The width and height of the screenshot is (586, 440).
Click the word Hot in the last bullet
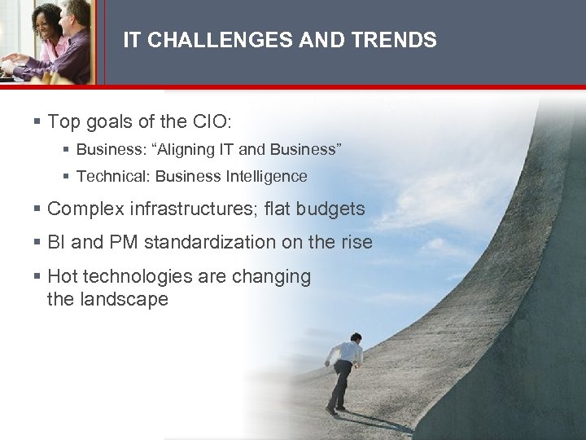[63, 276]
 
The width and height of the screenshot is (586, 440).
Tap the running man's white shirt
[347, 353]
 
